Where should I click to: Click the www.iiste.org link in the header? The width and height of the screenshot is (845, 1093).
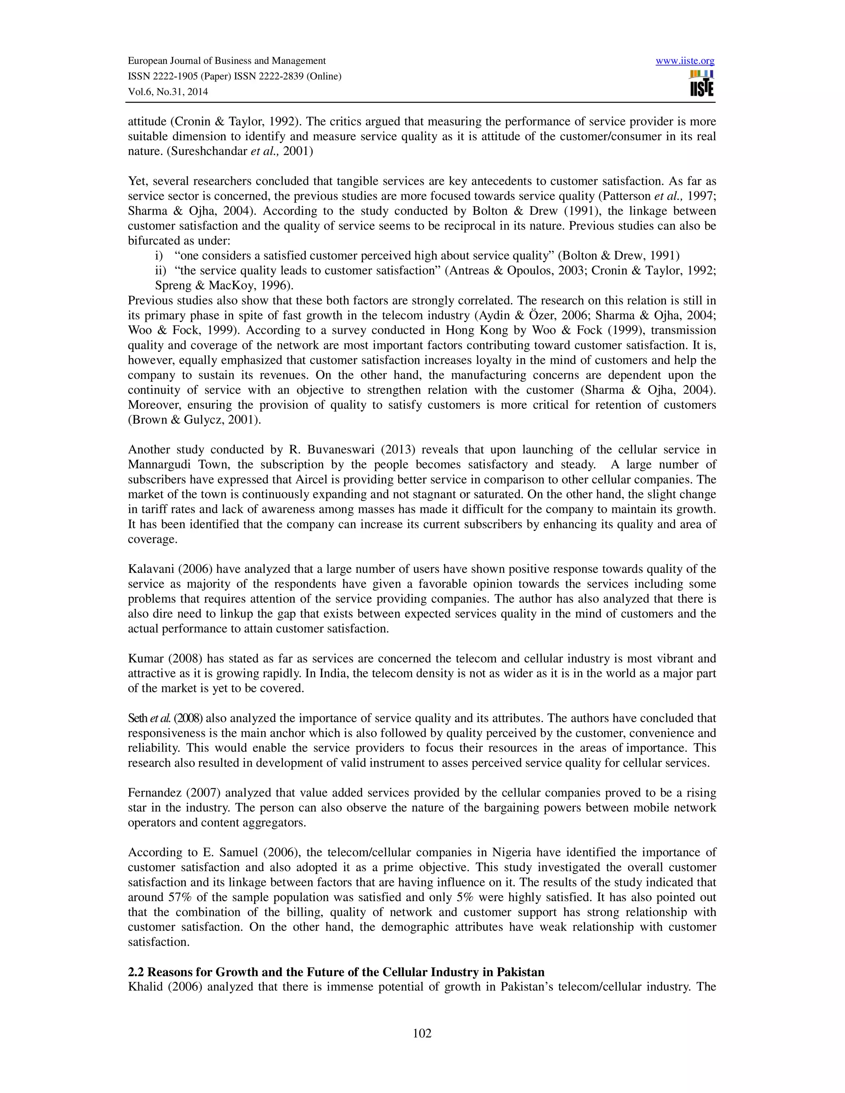tap(684, 61)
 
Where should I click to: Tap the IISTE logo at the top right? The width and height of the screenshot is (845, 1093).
tap(701, 83)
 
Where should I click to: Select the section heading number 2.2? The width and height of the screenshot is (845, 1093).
tap(136, 972)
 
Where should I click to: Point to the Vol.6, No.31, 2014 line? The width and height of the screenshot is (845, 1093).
tap(168, 92)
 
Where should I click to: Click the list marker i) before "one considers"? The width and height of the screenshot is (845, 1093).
tap(159, 256)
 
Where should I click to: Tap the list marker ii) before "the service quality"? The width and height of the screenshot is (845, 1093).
tap(160, 271)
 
